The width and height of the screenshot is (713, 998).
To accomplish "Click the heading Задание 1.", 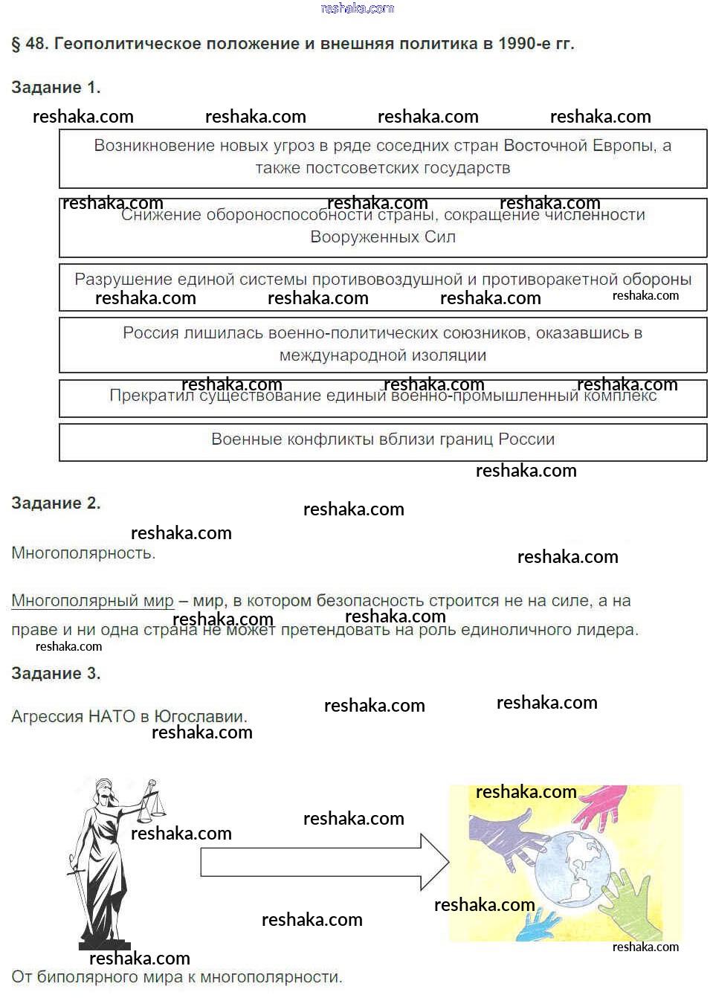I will (56, 88).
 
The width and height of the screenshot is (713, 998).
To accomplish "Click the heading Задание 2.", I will (56, 503).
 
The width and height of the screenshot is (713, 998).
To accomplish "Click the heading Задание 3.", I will (56, 674).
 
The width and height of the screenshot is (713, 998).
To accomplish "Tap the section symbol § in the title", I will (16, 44).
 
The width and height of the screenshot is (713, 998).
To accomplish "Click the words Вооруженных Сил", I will (383, 237).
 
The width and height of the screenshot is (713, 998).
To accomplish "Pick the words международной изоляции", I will (383, 355).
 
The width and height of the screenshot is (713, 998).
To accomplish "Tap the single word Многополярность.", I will (83, 553).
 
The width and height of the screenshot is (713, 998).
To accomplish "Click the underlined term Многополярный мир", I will (92, 601).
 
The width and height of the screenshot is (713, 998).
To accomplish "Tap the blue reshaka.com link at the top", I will (357, 8).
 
